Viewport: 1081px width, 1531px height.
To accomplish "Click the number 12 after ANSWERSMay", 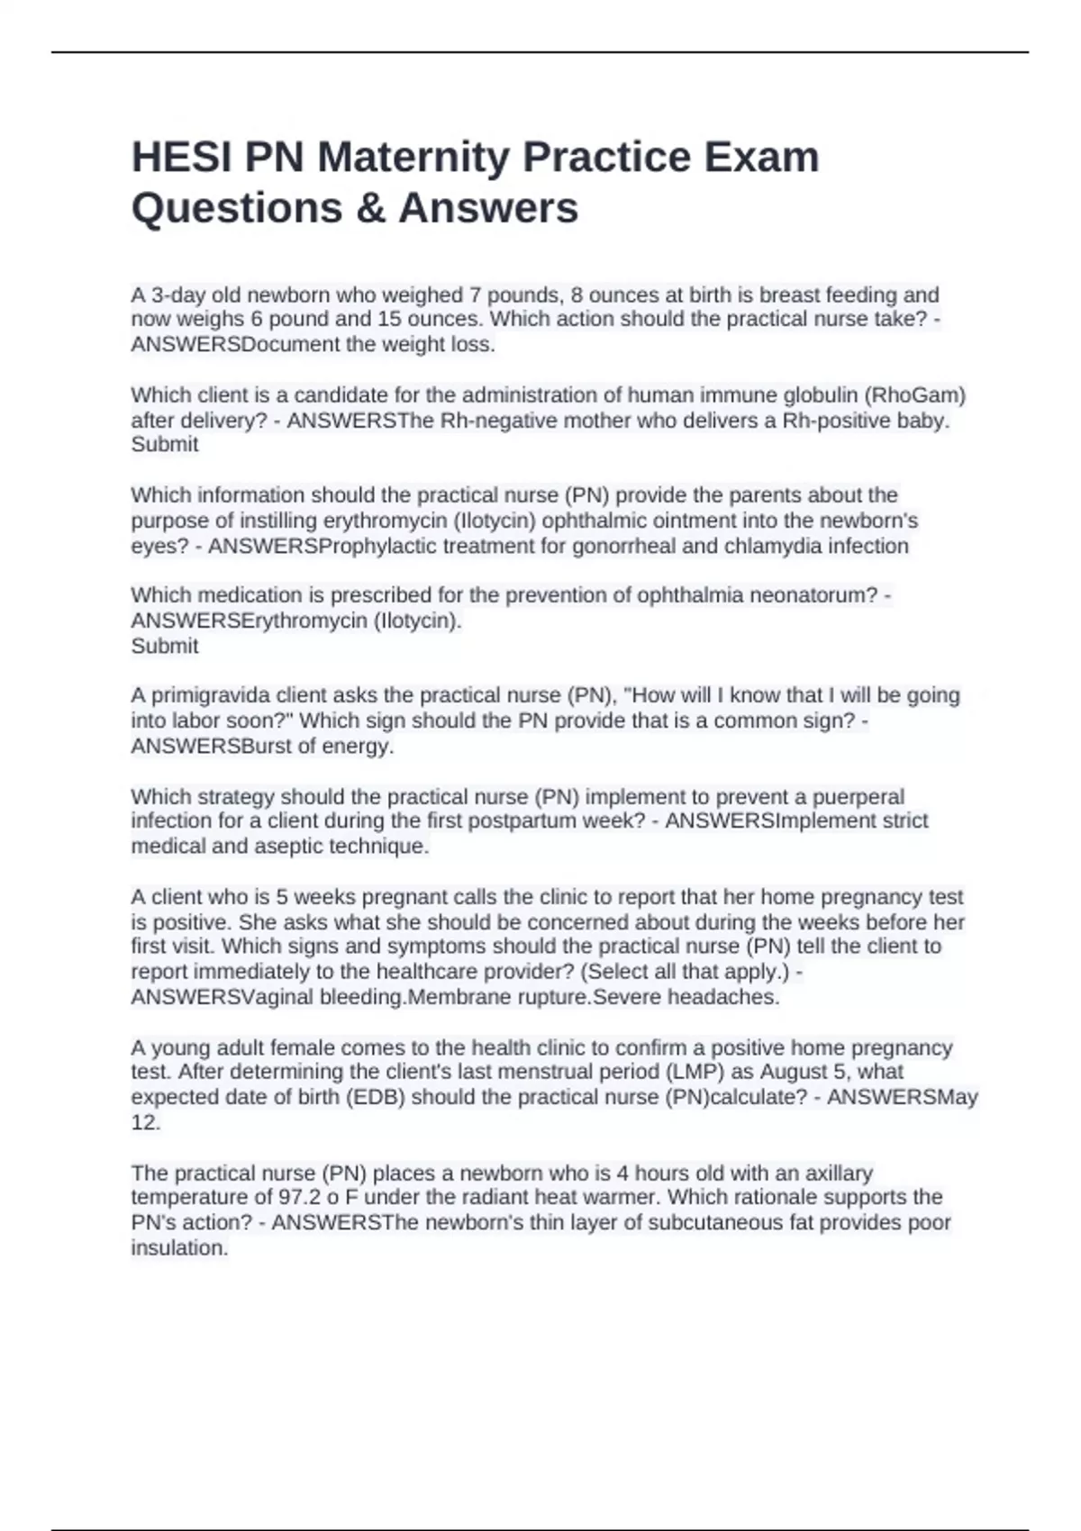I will [x=145, y=1122].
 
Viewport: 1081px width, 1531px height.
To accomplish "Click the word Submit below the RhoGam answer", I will [x=165, y=444].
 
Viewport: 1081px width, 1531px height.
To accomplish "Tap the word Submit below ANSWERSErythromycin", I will [x=165, y=646].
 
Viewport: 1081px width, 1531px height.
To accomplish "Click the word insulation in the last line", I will [x=178, y=1248].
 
